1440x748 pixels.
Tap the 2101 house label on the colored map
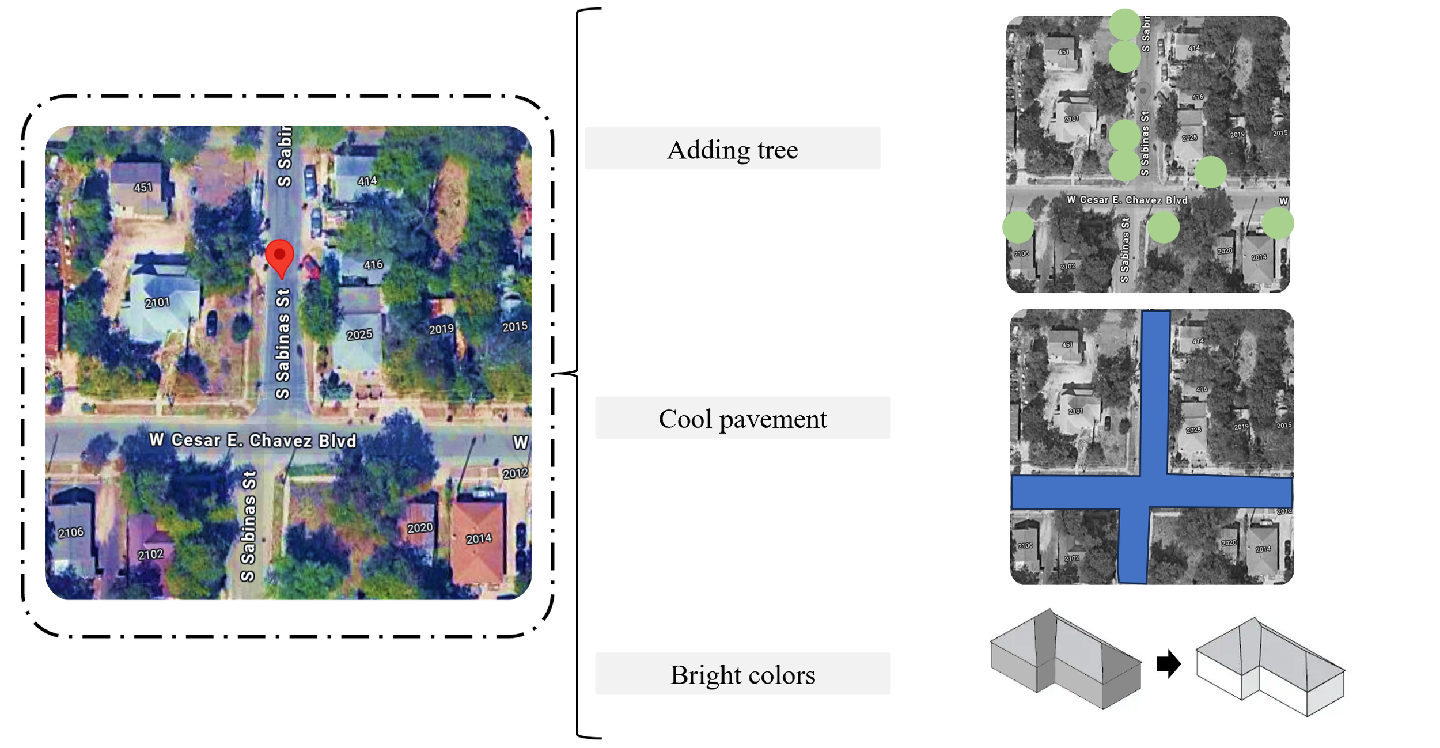pos(157,302)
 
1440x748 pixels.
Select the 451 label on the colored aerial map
pos(143,187)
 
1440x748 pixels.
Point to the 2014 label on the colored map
pos(479,538)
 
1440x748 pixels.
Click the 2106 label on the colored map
pos(71,533)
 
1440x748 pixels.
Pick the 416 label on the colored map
pos(373,265)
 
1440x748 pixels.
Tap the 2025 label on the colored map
pos(359,335)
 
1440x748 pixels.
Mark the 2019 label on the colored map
pos(441,329)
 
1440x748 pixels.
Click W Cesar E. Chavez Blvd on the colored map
pos(253,441)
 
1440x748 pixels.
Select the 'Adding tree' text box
pos(732,149)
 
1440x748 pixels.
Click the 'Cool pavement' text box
pos(742,417)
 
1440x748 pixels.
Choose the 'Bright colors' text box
pos(742,674)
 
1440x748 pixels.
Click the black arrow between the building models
pos(1168,664)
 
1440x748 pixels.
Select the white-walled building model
pos(1270,668)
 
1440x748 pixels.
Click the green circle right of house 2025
pos(1210,172)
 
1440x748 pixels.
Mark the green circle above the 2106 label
pos(1018,227)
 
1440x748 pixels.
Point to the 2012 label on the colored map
pos(515,473)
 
